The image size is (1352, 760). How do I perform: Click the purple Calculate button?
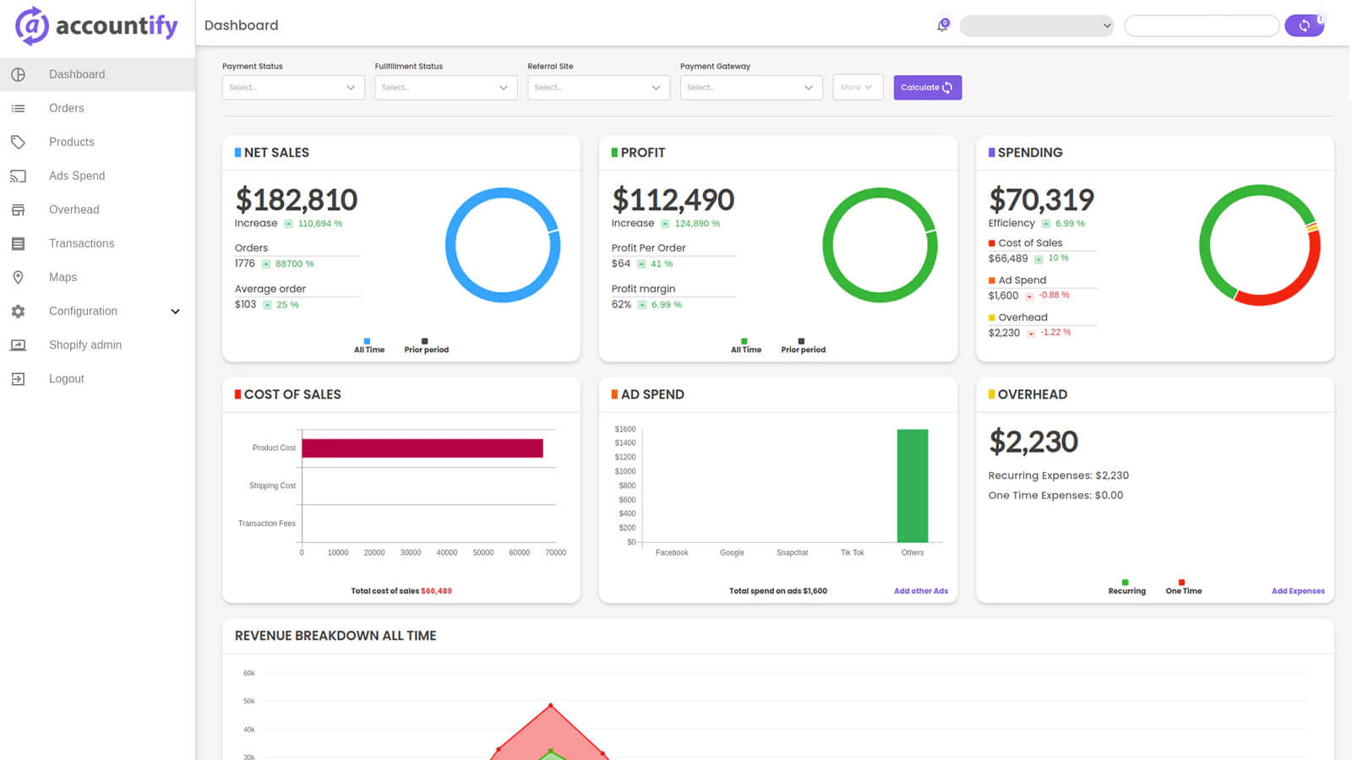pos(927,88)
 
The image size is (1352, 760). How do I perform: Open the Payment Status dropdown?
pos(293,88)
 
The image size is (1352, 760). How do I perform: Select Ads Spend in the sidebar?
pos(77,176)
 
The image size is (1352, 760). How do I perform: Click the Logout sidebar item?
pos(66,378)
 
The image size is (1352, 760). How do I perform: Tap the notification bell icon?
pos(942,26)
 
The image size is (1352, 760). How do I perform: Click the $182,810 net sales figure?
pos(296,200)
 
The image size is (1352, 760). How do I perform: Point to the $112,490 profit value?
pos(673,200)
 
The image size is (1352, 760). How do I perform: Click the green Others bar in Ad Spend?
pos(912,486)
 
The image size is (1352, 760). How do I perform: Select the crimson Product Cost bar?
pos(422,448)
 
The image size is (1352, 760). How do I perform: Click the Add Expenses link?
pos(1297,591)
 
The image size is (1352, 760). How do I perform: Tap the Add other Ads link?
pos(920,591)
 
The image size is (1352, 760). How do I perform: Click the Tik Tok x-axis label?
pos(852,553)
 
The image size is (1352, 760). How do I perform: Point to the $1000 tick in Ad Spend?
pos(624,471)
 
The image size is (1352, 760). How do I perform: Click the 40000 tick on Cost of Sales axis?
pos(446,553)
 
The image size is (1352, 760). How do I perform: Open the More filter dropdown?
pos(857,88)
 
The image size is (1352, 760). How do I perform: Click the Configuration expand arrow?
pos(175,312)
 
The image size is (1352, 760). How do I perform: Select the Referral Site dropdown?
pos(598,88)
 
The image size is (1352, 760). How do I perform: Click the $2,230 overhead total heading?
pos(1033,442)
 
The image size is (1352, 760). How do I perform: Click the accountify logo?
pos(96,26)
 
